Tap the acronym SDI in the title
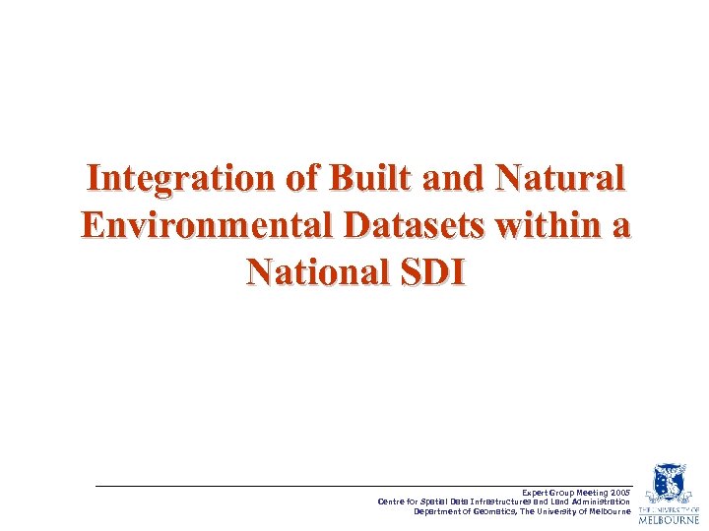point(430,269)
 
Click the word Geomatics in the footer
point(495,511)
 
